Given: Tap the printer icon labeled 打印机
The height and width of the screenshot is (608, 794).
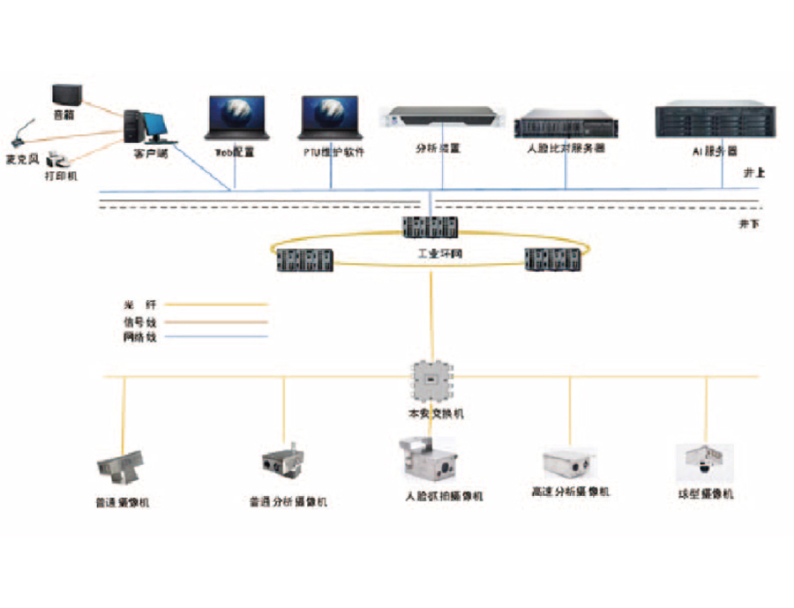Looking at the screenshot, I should tap(59, 160).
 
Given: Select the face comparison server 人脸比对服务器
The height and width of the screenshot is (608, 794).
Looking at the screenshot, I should tap(565, 124).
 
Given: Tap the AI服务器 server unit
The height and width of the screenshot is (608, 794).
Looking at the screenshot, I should tap(715, 121).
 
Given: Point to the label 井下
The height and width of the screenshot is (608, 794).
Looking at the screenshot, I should tap(749, 224).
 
